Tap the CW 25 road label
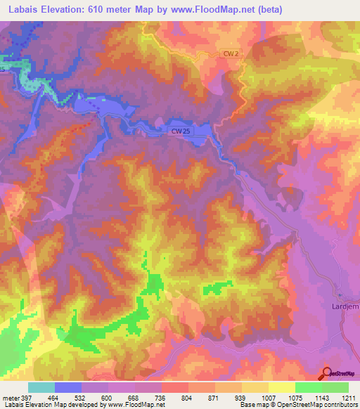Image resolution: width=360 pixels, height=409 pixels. [180, 131]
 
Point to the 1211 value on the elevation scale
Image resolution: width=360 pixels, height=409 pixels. [348, 398]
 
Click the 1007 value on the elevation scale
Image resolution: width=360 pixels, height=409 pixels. [268, 398]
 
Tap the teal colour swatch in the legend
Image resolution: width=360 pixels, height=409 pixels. [41, 387]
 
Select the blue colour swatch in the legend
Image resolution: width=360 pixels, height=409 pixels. [68, 387]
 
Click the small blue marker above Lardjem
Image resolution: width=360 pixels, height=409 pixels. [339, 295]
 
